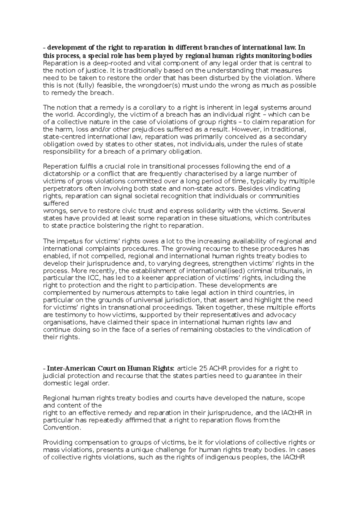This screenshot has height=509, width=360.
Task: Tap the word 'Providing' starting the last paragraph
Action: (56, 442)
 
